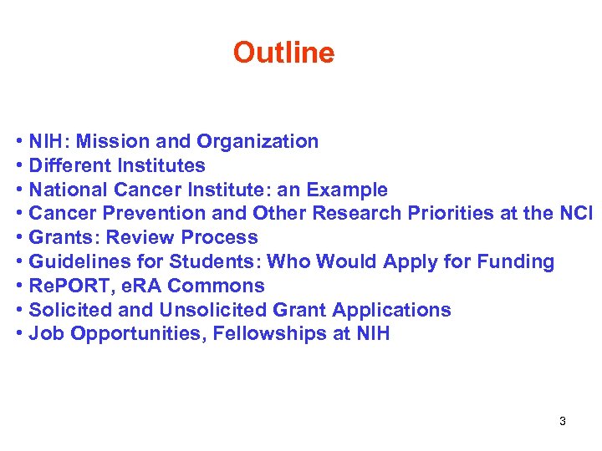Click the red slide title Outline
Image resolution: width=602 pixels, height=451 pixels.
[283, 53]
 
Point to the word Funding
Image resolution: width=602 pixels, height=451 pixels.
[515, 261]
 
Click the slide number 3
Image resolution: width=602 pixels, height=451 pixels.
[563, 421]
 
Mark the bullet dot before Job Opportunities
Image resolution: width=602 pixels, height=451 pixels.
[19, 334]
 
